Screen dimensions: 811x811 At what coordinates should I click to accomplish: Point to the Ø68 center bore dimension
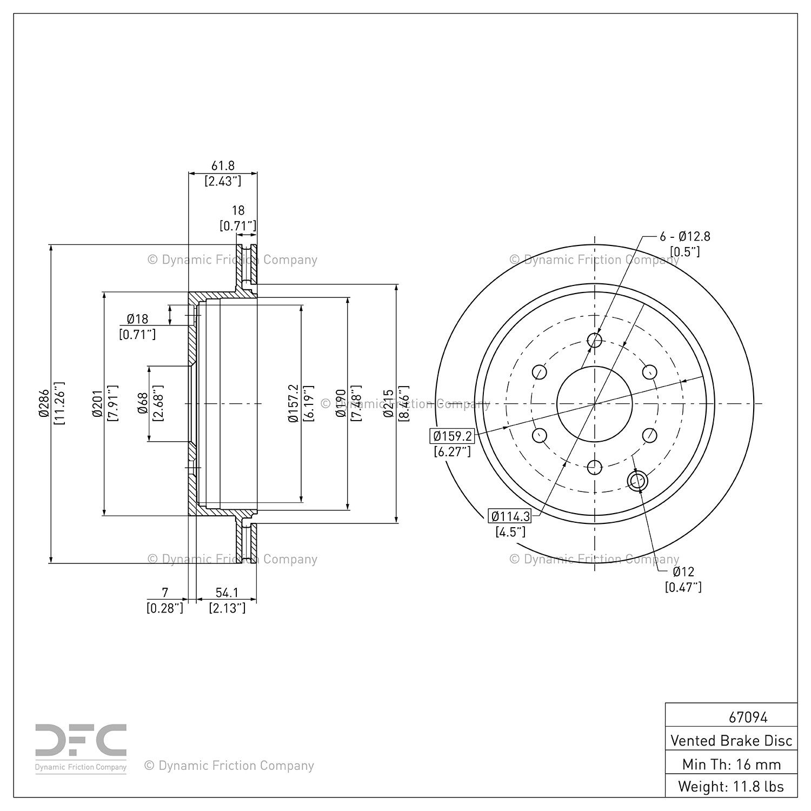[143, 403]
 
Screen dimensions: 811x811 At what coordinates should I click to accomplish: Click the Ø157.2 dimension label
[293, 403]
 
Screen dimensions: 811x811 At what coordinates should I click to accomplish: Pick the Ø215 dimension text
[388, 403]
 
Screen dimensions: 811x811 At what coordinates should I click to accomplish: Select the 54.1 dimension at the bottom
[227, 593]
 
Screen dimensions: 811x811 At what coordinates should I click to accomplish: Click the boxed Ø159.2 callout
[452, 436]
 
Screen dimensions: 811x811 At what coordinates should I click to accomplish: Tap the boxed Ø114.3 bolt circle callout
[509, 516]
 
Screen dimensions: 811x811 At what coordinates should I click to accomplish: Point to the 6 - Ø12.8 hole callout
[684, 236]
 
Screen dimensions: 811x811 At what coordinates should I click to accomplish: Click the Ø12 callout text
[683, 572]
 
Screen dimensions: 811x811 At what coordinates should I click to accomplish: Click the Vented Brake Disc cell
[732, 740]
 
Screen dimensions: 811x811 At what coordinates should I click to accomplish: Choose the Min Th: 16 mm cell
[732, 764]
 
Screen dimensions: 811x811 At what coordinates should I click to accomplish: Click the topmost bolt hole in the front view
[594, 341]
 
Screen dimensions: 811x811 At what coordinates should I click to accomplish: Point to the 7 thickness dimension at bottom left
[165, 593]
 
